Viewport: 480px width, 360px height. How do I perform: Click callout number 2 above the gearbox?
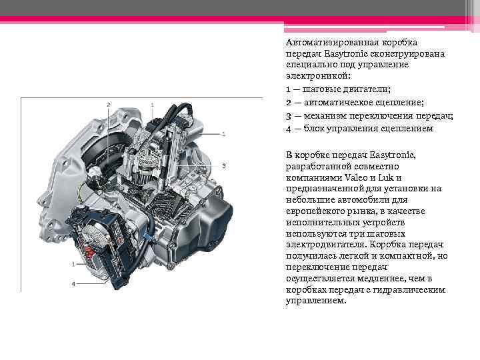[x=108, y=105]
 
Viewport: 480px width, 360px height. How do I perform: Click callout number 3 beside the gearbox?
[x=224, y=165]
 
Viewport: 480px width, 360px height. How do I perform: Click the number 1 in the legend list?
[x=287, y=89]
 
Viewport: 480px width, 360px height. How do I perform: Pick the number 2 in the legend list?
[x=287, y=102]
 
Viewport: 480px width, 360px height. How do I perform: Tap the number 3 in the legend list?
[x=287, y=115]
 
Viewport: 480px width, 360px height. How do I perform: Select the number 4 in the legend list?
[x=287, y=127]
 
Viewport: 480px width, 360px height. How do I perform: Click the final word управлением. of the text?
[x=316, y=301]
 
